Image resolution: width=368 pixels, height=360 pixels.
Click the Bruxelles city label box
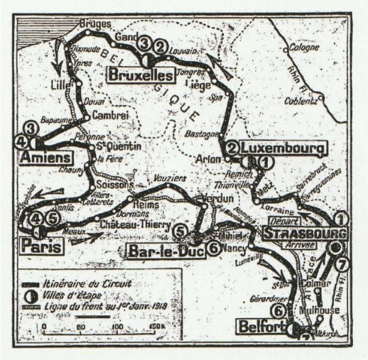(x=140, y=75)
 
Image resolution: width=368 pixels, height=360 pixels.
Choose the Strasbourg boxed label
(x=305, y=233)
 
